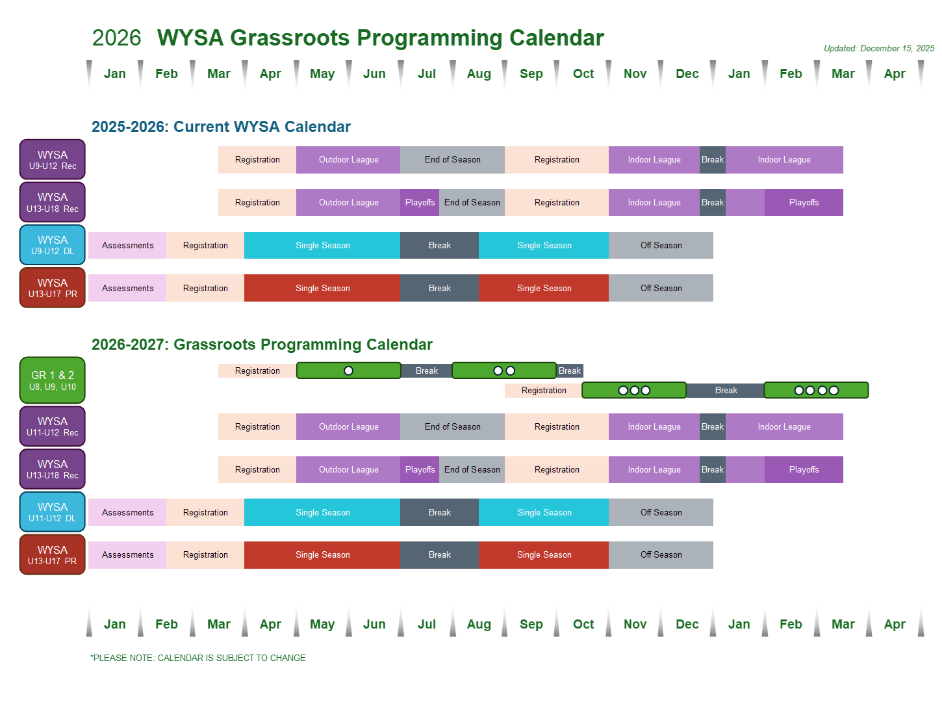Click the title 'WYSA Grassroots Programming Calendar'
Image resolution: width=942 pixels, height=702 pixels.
pyautogui.click(x=380, y=38)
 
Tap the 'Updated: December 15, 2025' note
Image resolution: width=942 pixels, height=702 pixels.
pyautogui.click(x=879, y=48)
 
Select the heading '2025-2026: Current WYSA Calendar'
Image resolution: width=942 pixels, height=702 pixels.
pyautogui.click(x=221, y=127)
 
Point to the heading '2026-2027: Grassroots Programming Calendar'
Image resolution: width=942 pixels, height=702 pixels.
pyautogui.click(x=262, y=344)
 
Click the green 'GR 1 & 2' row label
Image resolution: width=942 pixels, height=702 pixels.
pyautogui.click(x=53, y=380)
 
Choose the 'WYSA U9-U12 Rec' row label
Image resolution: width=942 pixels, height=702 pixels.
pyautogui.click(x=53, y=160)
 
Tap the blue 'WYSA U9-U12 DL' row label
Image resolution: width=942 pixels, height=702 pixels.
pyautogui.click(x=53, y=245)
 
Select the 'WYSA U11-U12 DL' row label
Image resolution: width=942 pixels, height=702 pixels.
pyautogui.click(x=53, y=512)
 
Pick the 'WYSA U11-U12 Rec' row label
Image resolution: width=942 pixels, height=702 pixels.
pyautogui.click(x=53, y=426)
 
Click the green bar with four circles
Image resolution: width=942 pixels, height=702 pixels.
pyautogui.click(x=816, y=390)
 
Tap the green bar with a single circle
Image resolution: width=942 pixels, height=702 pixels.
pyautogui.click(x=349, y=370)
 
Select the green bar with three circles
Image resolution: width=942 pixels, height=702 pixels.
pyautogui.click(x=634, y=390)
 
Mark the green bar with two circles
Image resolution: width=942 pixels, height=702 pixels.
pyautogui.click(x=504, y=370)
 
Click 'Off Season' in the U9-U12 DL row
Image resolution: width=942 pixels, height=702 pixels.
pyautogui.click(x=661, y=245)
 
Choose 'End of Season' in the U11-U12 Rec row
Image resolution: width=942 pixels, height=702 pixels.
pyautogui.click(x=452, y=426)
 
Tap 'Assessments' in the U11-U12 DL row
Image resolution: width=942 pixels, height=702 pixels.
pyautogui.click(x=127, y=512)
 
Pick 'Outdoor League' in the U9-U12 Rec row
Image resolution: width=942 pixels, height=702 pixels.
pyautogui.click(x=348, y=160)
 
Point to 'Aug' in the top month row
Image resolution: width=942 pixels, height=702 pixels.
pyautogui.click(x=479, y=74)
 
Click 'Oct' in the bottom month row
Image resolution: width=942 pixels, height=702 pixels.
pyautogui.click(x=583, y=624)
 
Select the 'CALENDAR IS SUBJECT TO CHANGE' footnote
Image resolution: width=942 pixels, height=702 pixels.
pyautogui.click(x=198, y=658)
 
